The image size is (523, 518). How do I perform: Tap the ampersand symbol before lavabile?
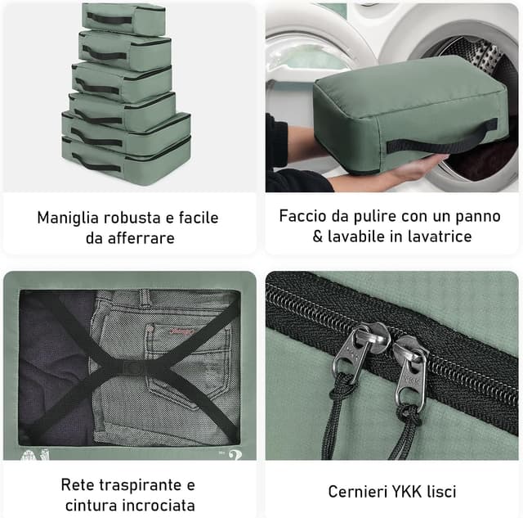click(x=319, y=236)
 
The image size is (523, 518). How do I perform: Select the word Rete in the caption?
click(x=78, y=485)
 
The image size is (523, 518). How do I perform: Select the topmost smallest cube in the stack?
click(x=123, y=16)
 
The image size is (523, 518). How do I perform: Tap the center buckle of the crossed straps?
click(x=131, y=367)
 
